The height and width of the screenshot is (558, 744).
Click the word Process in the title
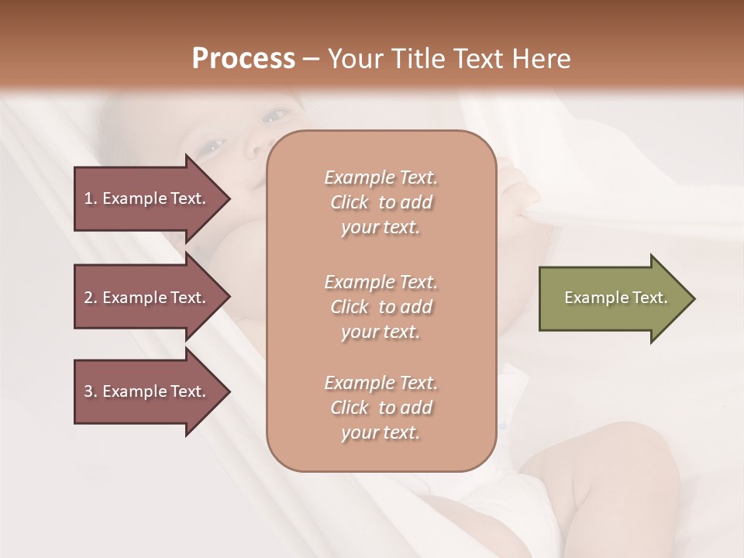[243, 59]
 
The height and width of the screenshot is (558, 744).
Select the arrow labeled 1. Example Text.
[147, 199]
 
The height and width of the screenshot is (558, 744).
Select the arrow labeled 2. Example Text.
[147, 298]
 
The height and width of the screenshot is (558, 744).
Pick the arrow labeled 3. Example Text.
[147, 391]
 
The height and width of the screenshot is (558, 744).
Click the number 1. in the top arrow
[91, 199]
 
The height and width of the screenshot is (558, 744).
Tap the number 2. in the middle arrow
[91, 298]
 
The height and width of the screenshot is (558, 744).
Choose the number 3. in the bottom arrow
[91, 391]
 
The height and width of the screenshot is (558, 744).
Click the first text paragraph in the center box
[381, 202]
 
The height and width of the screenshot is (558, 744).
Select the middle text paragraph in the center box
[381, 307]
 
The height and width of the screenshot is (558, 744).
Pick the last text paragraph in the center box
[381, 408]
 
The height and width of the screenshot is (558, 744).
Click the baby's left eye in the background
[273, 116]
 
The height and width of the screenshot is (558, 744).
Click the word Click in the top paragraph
[350, 203]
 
